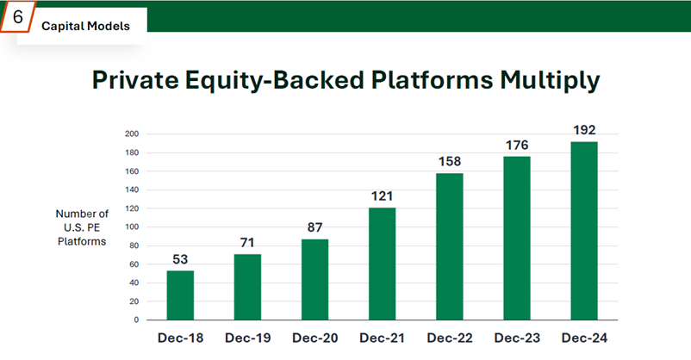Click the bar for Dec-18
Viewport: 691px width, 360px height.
[x=181, y=295]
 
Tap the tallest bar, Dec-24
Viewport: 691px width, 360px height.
[x=583, y=230]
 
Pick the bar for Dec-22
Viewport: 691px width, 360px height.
[x=450, y=246]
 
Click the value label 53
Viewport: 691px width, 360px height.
[x=181, y=258]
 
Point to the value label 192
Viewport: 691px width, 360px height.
[x=583, y=130]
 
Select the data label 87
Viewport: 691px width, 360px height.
[x=315, y=227]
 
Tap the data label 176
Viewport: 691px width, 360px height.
[x=517, y=145]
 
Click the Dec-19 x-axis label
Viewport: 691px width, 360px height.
[x=248, y=338]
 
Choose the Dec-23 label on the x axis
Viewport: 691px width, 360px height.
[x=517, y=338]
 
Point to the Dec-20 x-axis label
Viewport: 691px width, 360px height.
[x=315, y=338]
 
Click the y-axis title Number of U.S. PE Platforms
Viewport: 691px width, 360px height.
[x=82, y=227]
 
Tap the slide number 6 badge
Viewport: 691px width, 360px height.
[x=17, y=17]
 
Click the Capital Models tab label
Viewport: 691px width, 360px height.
[x=85, y=26]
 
